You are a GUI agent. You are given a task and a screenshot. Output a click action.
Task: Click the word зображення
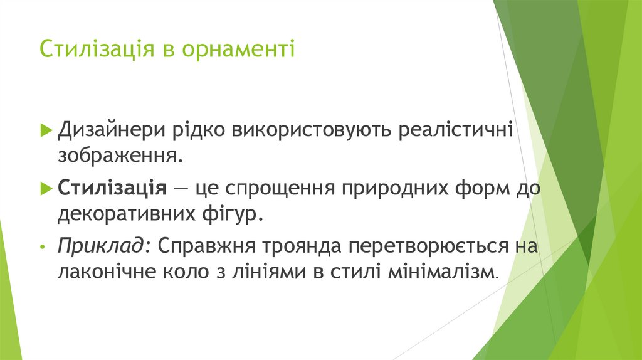pyautogui.click(x=120, y=155)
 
